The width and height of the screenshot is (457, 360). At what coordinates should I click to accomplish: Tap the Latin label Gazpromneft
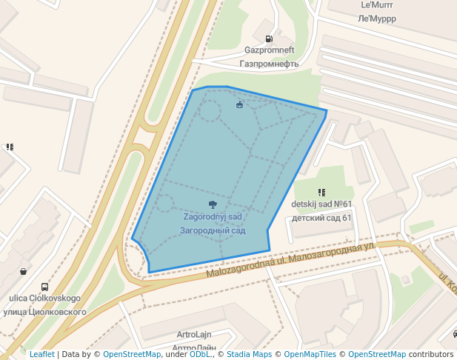(x=270, y=50)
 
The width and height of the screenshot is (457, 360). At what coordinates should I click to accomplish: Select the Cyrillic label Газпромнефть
(x=270, y=64)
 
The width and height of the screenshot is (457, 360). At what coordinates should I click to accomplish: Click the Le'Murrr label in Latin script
(x=377, y=4)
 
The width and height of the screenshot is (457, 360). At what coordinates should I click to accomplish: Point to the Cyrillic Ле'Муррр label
(x=377, y=18)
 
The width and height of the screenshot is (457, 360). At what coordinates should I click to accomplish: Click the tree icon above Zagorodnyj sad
(x=213, y=204)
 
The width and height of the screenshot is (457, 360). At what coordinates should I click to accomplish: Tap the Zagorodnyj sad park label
(x=213, y=216)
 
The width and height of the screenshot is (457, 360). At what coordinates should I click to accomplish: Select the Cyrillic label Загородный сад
(x=213, y=230)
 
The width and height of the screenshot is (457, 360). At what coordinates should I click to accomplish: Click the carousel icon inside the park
(x=239, y=105)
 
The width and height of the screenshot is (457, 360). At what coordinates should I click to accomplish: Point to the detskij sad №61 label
(x=321, y=204)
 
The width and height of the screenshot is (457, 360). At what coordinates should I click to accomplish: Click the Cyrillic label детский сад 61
(x=321, y=218)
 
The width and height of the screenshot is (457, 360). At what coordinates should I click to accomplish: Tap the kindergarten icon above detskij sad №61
(x=321, y=193)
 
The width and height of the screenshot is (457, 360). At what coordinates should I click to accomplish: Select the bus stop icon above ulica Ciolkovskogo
(x=44, y=287)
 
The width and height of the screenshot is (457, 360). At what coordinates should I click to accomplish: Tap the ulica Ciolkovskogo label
(x=44, y=299)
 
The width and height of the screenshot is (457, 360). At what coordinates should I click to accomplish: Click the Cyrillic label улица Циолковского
(x=44, y=312)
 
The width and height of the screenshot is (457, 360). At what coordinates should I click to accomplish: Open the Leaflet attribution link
(x=41, y=355)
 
